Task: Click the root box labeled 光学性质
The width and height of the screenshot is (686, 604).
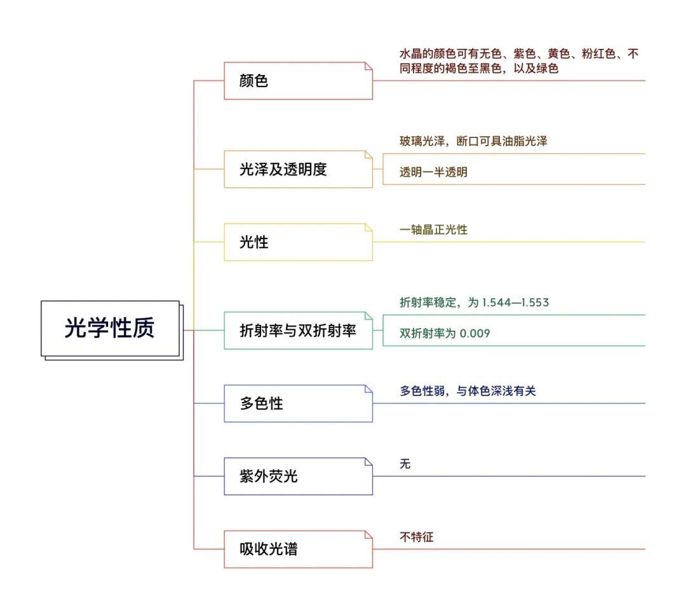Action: point(111,329)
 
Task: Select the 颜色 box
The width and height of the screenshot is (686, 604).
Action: point(299,81)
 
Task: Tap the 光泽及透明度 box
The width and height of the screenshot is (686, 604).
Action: point(299,169)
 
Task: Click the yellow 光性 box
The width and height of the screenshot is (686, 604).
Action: point(299,242)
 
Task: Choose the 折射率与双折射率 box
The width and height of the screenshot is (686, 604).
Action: point(299,330)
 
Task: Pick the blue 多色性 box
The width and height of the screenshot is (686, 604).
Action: point(299,403)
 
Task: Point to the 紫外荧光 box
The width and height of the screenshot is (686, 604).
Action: point(299,476)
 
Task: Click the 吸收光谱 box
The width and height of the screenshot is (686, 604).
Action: point(299,549)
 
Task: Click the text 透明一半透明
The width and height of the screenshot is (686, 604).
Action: point(434,172)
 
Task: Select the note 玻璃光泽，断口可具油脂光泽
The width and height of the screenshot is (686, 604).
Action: point(473,141)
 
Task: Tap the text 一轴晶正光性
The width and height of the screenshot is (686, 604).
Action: point(434,230)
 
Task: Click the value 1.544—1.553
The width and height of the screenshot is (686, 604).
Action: point(515,303)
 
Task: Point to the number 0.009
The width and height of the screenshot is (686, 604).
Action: point(474,334)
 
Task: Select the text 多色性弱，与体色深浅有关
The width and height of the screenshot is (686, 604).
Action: point(467,391)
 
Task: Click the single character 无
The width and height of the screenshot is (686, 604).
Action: point(405,464)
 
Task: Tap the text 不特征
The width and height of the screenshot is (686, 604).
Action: point(417,537)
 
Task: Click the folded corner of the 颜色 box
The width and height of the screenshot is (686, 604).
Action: point(368,66)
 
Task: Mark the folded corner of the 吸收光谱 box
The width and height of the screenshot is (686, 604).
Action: point(368,535)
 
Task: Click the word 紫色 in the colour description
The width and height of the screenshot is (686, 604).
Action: point(525,54)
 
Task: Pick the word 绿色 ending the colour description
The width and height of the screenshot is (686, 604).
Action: point(548,68)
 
